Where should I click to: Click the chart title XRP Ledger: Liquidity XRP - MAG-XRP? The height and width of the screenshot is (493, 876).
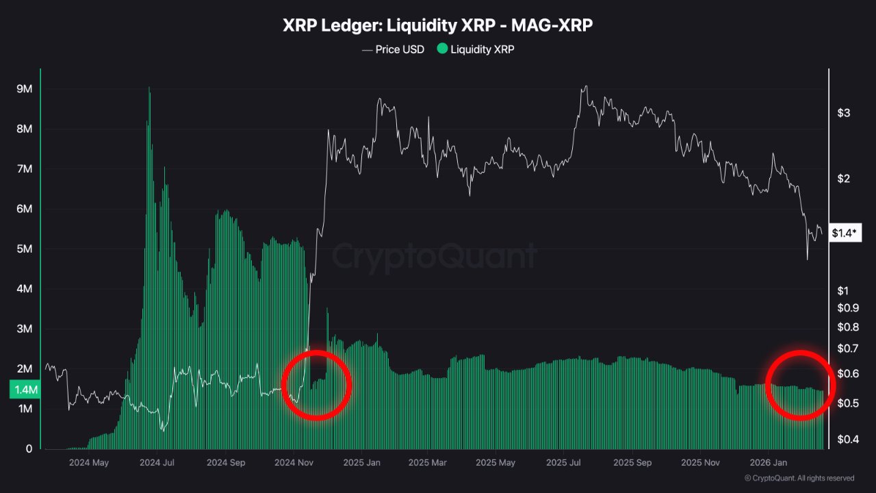(x=438, y=25)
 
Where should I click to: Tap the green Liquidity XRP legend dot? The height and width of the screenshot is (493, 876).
(x=442, y=49)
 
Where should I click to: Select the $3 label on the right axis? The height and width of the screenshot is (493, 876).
(x=843, y=112)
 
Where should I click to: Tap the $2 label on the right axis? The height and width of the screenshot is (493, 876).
(x=843, y=179)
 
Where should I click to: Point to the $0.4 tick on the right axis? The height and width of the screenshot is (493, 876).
(x=847, y=439)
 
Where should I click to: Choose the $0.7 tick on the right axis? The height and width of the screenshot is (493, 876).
(x=847, y=349)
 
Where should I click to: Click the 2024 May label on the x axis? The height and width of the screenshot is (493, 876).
(x=89, y=462)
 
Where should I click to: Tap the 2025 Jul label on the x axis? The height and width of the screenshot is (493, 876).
(x=564, y=462)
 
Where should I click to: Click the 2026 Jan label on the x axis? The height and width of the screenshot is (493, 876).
(x=767, y=462)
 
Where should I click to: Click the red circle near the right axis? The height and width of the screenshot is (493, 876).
(x=800, y=385)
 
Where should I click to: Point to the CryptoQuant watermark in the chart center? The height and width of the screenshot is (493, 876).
(x=435, y=257)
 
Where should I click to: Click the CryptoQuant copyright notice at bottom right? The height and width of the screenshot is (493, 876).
(x=799, y=478)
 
